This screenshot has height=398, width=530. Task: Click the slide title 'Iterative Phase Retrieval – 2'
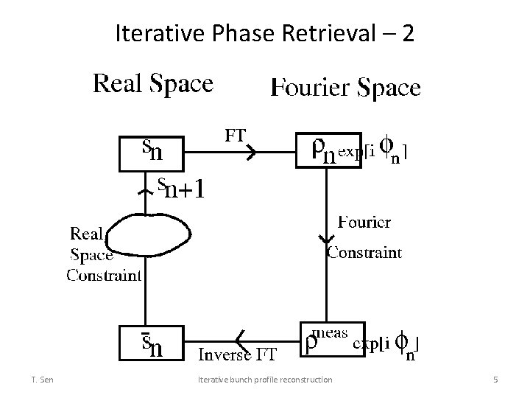(265, 33)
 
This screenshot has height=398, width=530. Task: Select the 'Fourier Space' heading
(346, 88)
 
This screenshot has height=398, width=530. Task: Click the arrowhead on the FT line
(250, 153)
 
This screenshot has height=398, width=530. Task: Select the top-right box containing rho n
(328, 151)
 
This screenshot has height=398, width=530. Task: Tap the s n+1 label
(180, 189)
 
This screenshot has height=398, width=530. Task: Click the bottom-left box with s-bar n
(152, 342)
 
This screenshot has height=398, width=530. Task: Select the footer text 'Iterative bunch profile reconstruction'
(266, 380)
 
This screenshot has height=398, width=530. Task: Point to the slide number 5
(495, 380)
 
